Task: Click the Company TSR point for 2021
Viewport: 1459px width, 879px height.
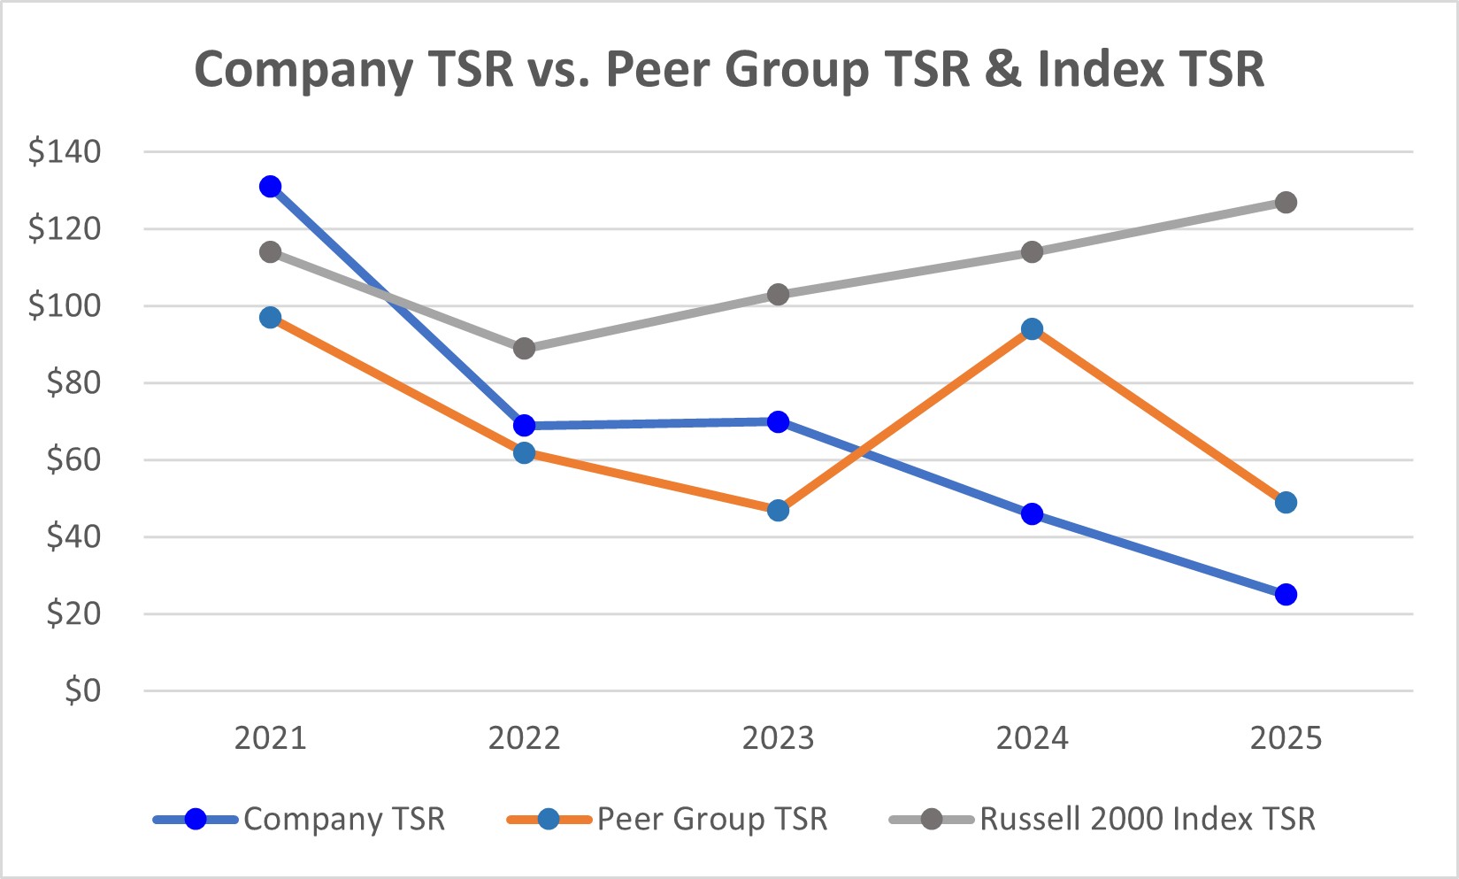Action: pyautogui.click(x=271, y=186)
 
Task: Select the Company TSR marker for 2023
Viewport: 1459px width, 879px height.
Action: pyautogui.click(x=778, y=421)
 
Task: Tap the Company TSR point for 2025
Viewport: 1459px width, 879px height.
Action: pyautogui.click(x=1286, y=594)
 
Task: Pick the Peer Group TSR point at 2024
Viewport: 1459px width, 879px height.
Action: pyautogui.click(x=1032, y=329)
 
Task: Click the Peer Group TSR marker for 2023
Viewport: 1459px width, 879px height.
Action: pyautogui.click(x=778, y=510)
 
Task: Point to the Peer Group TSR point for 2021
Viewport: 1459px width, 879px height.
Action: pyautogui.click(x=271, y=318)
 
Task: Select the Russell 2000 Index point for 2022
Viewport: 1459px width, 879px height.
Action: pyautogui.click(x=524, y=348)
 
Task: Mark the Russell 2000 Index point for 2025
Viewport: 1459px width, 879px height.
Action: pyautogui.click(x=1286, y=203)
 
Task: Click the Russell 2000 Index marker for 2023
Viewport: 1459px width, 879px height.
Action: pyautogui.click(x=778, y=295)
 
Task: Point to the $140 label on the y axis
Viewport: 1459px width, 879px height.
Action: pyautogui.click(x=65, y=152)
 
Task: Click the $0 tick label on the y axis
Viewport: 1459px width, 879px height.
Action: pyautogui.click(x=82, y=690)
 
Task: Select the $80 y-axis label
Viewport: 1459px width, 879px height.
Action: pyautogui.click(x=73, y=383)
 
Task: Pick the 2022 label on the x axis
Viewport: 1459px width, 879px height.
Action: pyautogui.click(x=524, y=737)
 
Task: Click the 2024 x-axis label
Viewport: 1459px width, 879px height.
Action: pyautogui.click(x=1032, y=737)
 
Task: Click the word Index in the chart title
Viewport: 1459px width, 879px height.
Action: pyautogui.click(x=1100, y=69)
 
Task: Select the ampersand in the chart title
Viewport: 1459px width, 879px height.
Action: pyautogui.click(x=1002, y=69)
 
